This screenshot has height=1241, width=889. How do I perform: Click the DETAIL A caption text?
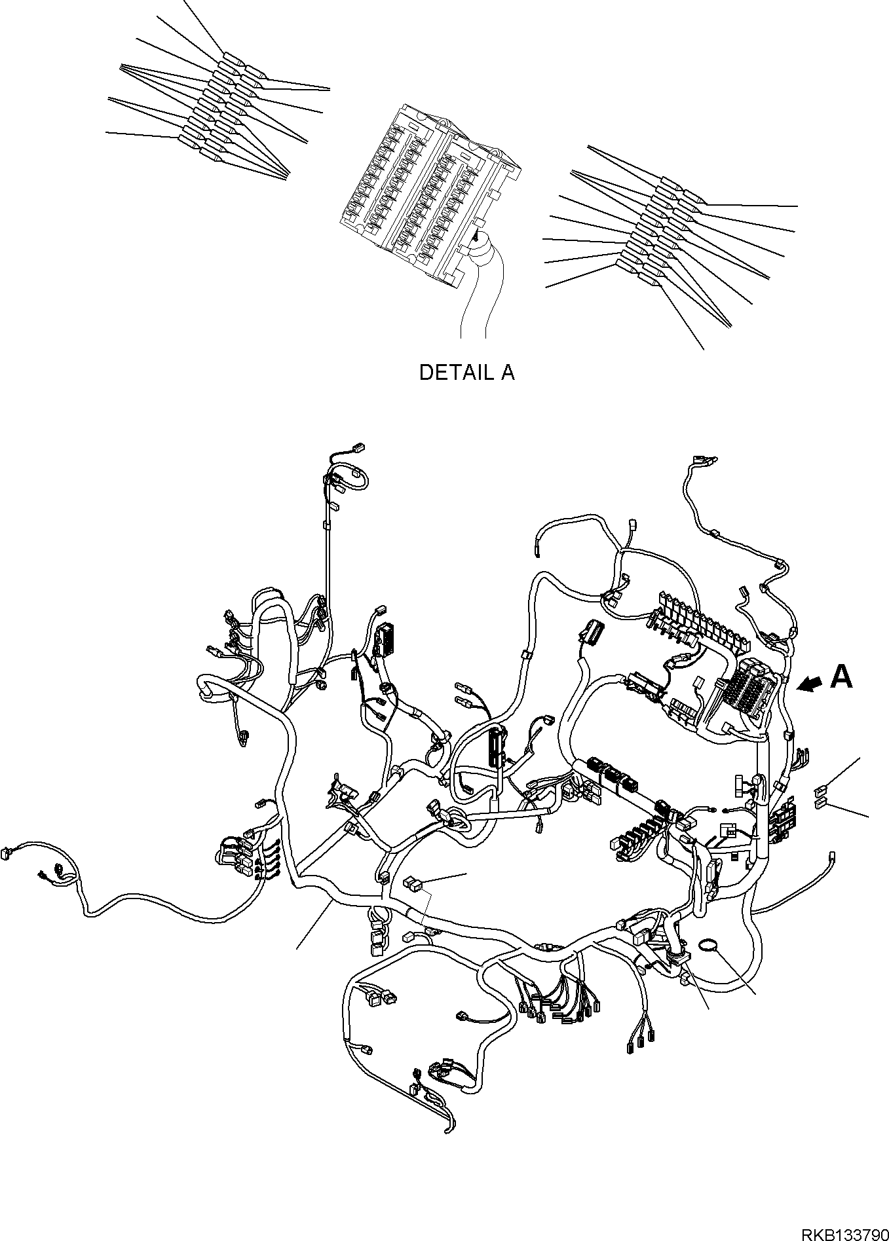(x=466, y=373)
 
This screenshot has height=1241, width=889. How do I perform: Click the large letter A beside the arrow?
(x=841, y=677)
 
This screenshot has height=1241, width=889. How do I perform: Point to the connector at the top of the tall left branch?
(x=358, y=448)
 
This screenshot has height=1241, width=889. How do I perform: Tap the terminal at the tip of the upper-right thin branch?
(x=702, y=460)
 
